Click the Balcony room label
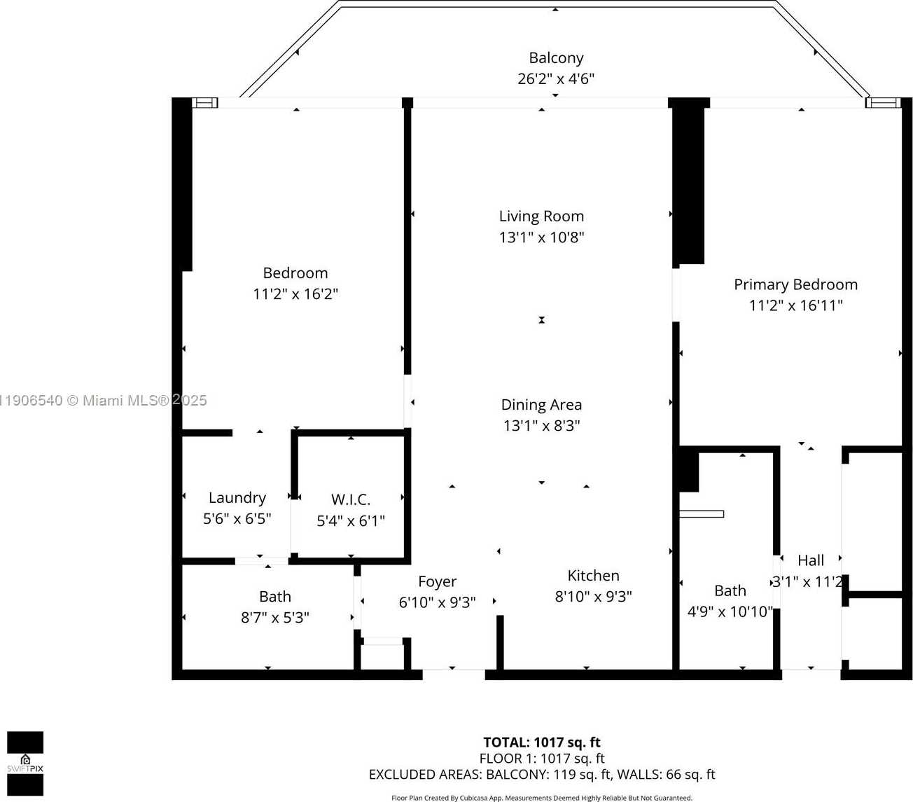556,58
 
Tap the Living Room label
541,216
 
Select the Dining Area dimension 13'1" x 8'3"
541,426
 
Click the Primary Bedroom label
795,284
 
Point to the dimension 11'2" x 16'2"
295,294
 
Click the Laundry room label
237,498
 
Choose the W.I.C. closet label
351,500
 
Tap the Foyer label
437,582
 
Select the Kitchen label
593,576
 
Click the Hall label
811,560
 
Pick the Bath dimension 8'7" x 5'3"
275,618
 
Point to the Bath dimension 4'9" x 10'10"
730,611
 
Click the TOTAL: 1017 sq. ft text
542,742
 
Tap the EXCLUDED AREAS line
542,775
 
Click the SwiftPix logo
25,763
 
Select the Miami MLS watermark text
104,401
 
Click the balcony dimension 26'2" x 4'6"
556,79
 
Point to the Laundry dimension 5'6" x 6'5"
237,519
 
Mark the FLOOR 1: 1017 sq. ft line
542,759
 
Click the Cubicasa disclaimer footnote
542,798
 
